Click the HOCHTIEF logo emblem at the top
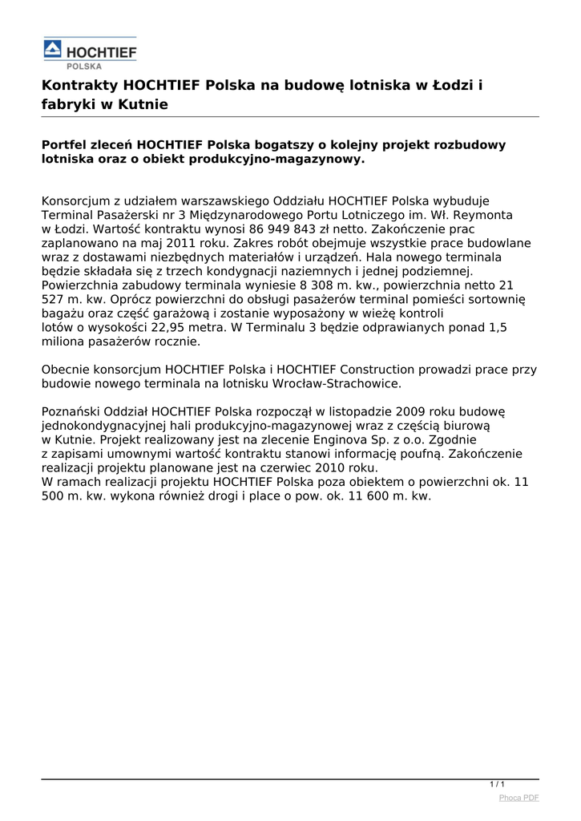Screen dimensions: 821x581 (52, 51)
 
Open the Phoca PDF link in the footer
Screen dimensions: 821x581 (518, 798)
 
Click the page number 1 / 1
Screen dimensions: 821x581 (497, 784)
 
